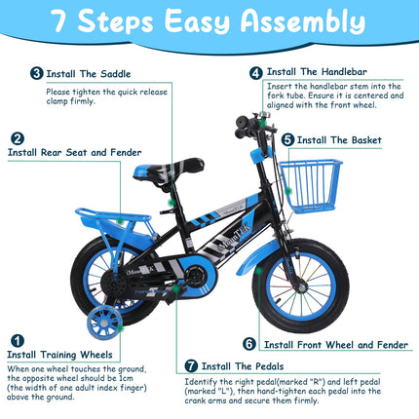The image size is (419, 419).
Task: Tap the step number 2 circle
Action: pos(16,137)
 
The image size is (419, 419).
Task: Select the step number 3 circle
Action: pos(37,72)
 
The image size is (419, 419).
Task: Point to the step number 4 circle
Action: pos(255,72)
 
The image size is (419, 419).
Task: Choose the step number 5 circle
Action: pos(288,139)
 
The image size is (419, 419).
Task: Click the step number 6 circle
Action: pos(249,343)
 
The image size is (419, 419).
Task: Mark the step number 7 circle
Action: pos(191,365)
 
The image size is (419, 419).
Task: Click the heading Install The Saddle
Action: pos(88,72)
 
